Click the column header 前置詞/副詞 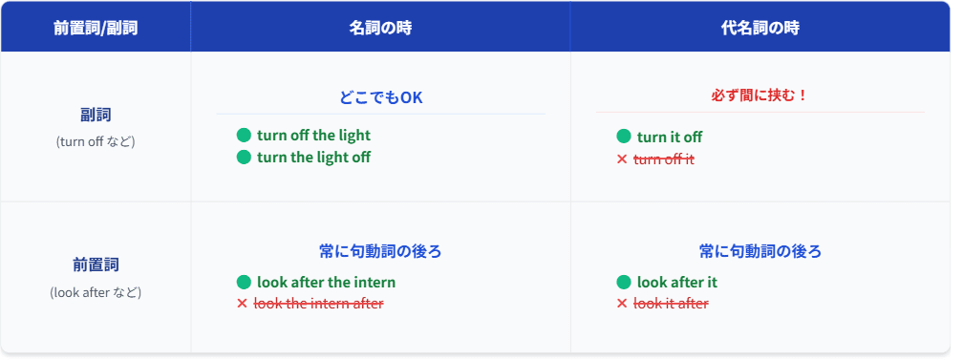click(x=96, y=29)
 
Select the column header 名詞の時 click(x=380, y=29)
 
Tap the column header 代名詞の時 click(x=760, y=29)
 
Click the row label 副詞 click(x=96, y=115)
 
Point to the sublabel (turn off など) click(x=96, y=141)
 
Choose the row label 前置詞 click(x=96, y=265)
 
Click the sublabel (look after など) click(x=96, y=292)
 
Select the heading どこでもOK click(x=381, y=97)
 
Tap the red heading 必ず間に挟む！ click(x=760, y=95)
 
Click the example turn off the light click(x=313, y=136)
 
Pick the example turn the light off click(x=313, y=158)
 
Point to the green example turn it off click(x=670, y=137)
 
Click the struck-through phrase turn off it click(x=664, y=159)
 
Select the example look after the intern click(x=326, y=283)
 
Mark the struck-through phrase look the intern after click(x=319, y=304)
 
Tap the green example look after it click(x=676, y=283)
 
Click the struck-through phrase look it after click(x=671, y=304)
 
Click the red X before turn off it click(x=622, y=159)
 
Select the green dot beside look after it click(x=623, y=283)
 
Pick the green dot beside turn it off click(x=623, y=137)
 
